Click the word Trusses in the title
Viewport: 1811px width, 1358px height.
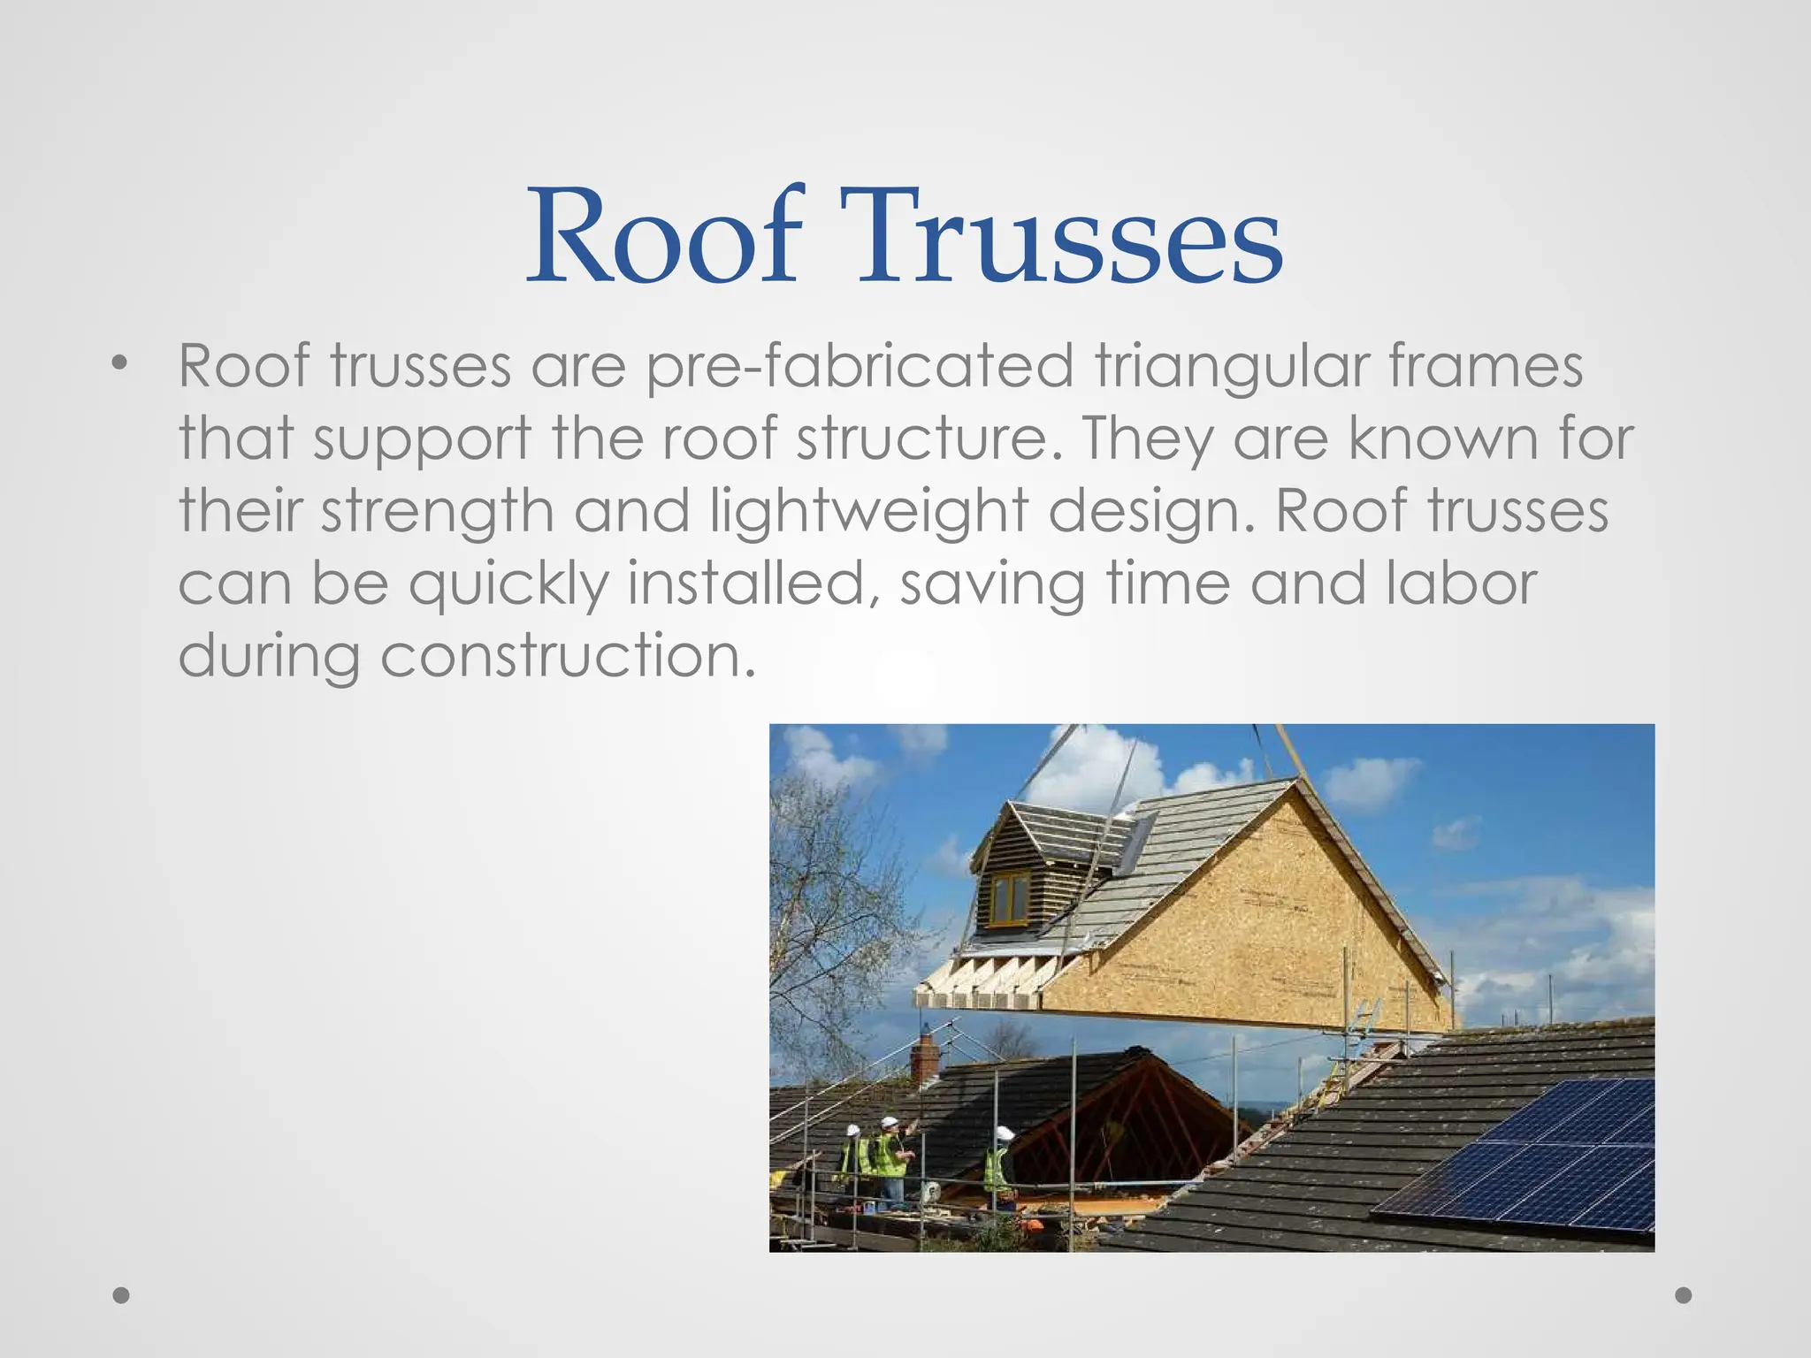coord(1060,237)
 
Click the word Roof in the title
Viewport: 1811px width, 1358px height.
coord(665,237)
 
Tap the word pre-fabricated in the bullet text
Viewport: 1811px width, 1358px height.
coord(860,366)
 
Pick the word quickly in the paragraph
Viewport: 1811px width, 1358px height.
coord(508,585)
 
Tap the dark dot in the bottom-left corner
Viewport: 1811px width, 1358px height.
coord(122,1295)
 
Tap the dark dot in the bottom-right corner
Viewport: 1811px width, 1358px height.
coord(1684,1295)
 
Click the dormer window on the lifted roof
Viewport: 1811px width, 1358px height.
coord(1010,896)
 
